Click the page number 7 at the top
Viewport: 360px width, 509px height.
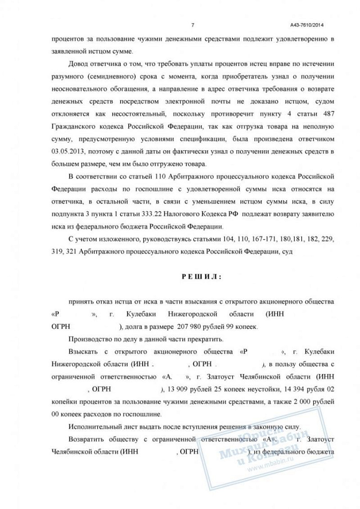(192, 25)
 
